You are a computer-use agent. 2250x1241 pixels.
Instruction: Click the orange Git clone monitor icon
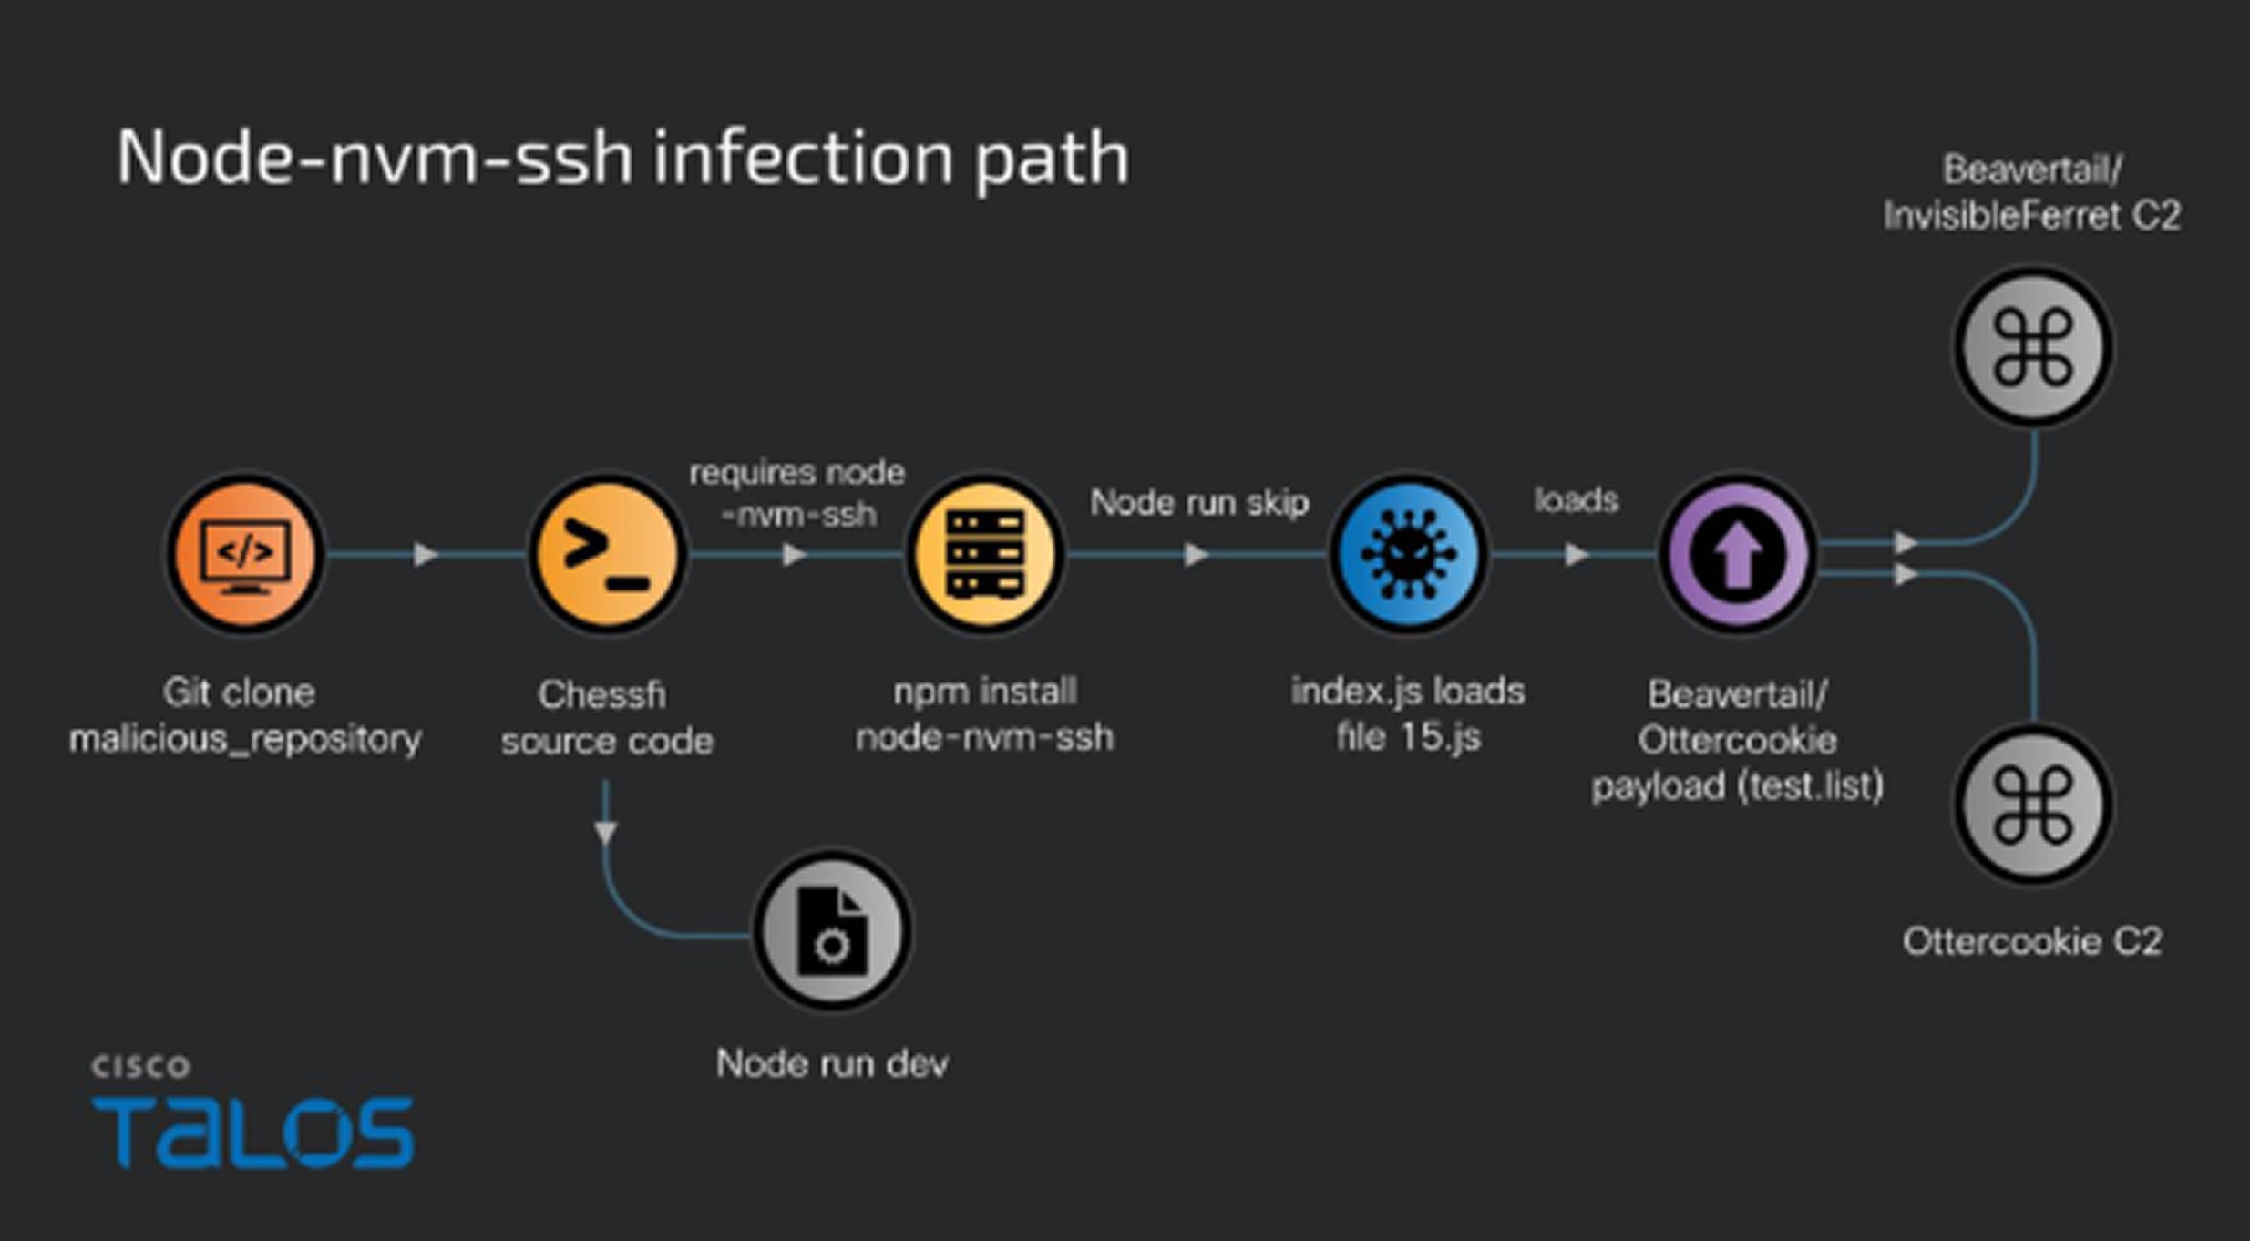244,553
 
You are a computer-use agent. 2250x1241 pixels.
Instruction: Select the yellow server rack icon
985,553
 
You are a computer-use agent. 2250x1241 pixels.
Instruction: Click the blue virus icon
1409,553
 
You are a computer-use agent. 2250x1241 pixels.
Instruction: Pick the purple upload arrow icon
1737,553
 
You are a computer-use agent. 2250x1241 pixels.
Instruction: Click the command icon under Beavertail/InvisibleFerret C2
2033,347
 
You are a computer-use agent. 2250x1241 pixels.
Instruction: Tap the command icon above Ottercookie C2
2033,805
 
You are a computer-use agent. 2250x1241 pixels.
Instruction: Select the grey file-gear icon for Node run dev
832,930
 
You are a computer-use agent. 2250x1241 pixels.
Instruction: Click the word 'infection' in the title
802,158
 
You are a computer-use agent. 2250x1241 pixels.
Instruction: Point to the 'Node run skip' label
1199,502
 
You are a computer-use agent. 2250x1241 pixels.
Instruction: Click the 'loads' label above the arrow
1576,500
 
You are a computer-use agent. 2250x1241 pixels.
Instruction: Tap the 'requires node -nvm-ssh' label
797,493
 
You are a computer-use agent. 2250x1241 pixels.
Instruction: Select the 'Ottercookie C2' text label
2032,941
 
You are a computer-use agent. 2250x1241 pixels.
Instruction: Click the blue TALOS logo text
252,1132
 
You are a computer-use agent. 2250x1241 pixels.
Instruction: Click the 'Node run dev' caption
832,1063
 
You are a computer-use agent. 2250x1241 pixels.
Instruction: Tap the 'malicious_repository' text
245,738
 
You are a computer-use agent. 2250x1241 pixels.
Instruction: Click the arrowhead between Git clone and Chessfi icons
425,554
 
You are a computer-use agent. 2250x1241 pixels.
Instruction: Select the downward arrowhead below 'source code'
606,831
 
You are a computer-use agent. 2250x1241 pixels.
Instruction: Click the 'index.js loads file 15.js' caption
1408,713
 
